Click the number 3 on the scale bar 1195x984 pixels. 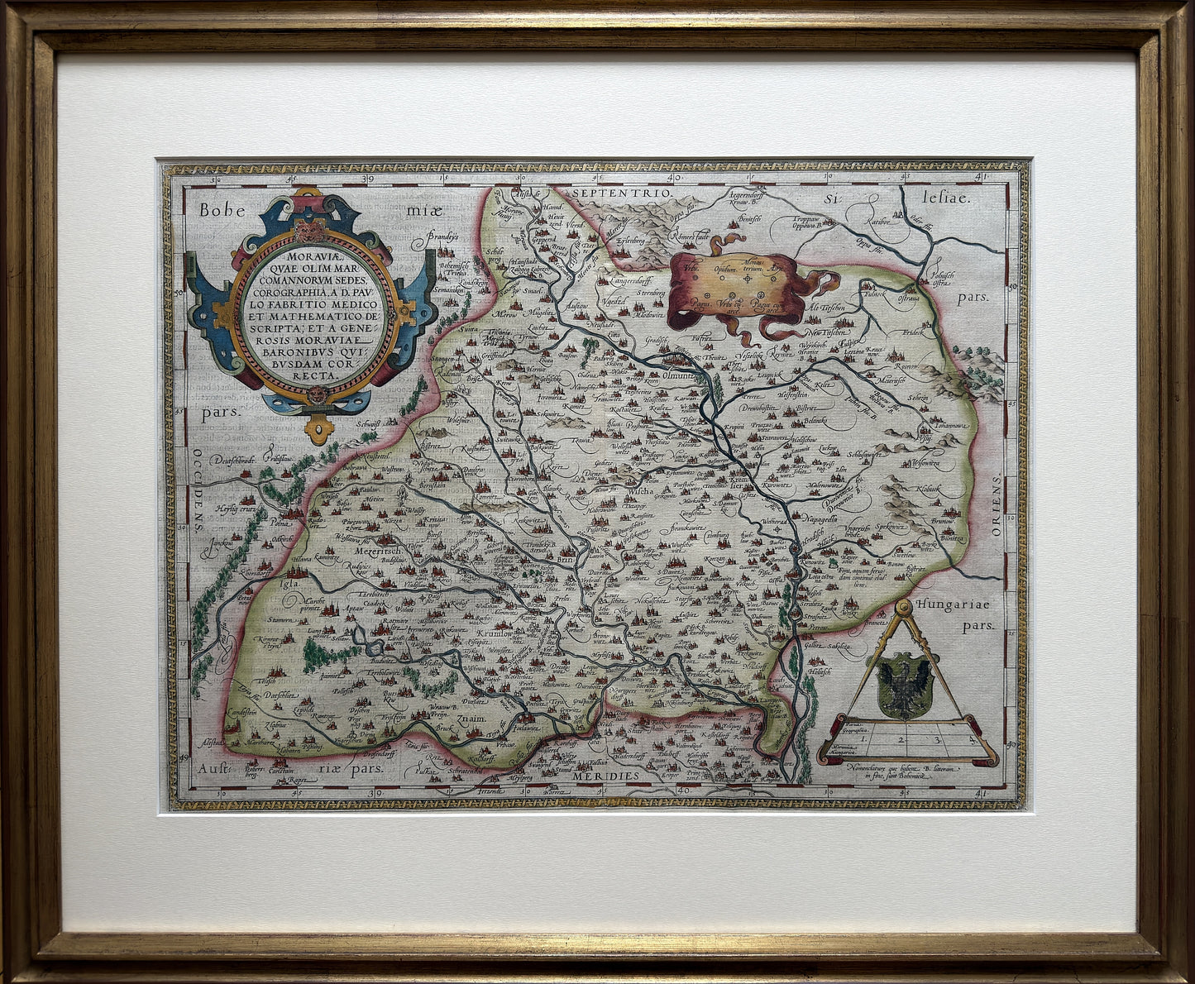pos(937,740)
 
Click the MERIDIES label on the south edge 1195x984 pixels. pos(628,776)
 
